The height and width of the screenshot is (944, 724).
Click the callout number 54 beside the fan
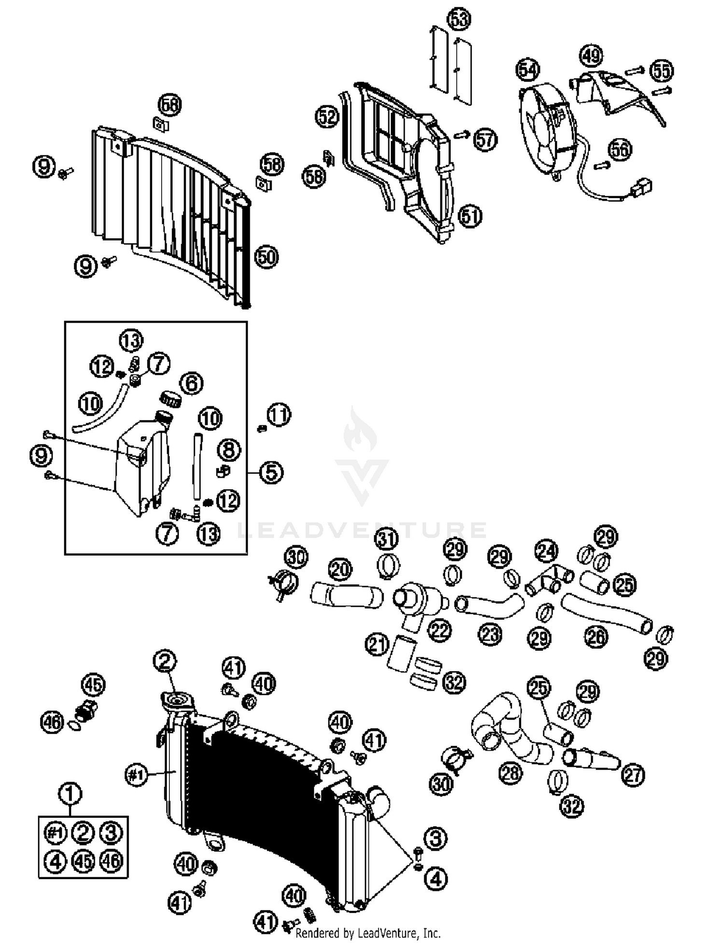tap(528, 71)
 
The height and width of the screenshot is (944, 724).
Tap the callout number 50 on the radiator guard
tap(266, 257)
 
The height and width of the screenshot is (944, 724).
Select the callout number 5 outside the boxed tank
tap(271, 472)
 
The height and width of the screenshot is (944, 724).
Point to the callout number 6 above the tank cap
tap(191, 383)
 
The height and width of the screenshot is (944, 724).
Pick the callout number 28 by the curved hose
tap(511, 773)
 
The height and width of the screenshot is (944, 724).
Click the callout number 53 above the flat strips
tap(459, 20)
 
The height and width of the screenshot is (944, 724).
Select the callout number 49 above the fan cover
tap(591, 56)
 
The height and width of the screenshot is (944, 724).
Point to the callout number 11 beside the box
tap(279, 415)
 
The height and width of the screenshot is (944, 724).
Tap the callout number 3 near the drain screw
tap(436, 838)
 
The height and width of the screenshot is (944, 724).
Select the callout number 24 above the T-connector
tap(546, 551)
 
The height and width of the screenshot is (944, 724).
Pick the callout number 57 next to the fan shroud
tap(485, 140)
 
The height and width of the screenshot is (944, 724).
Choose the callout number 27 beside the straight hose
tap(633, 775)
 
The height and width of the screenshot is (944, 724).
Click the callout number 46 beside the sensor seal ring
tap(52, 723)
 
